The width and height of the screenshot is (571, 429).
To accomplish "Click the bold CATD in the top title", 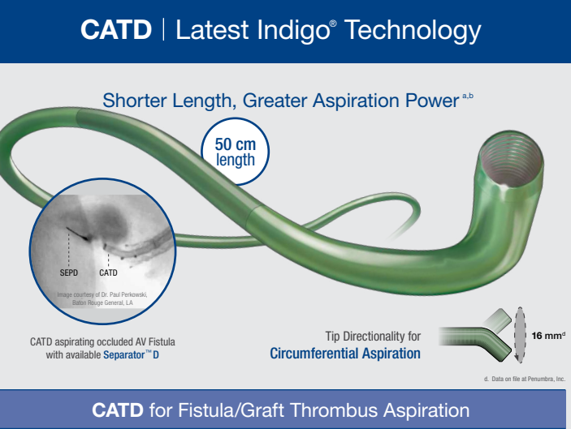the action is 116,31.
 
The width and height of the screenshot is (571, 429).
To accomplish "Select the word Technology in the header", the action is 411,31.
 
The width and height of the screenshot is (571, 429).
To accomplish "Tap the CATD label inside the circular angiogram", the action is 108,272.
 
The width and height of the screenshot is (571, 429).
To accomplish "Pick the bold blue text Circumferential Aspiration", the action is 345,354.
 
